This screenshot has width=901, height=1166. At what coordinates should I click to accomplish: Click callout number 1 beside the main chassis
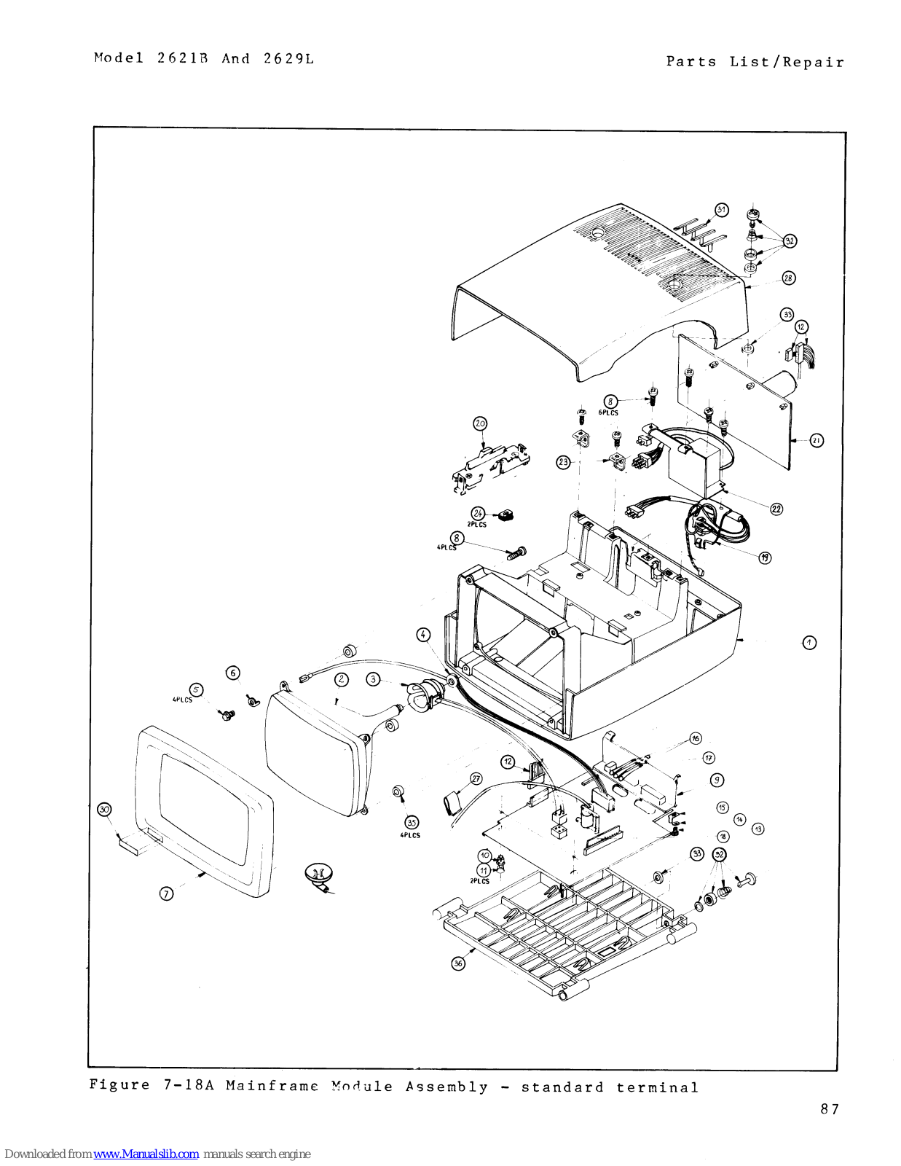pyautogui.click(x=809, y=643)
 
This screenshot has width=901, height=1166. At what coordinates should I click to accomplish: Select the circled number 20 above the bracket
pyautogui.click(x=480, y=423)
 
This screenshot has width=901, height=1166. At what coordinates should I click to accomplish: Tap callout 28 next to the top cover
pyautogui.click(x=789, y=278)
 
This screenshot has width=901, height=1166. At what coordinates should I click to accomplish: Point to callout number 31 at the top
pyautogui.click(x=721, y=210)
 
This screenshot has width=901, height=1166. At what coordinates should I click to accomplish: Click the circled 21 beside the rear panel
pyautogui.click(x=817, y=440)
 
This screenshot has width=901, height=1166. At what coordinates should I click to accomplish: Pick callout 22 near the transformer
pyautogui.click(x=776, y=509)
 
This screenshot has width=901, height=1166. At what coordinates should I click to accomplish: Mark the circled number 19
pyautogui.click(x=765, y=557)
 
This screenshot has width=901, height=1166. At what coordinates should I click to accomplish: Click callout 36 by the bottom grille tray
pyautogui.click(x=458, y=963)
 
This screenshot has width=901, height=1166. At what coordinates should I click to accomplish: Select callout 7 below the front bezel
pyautogui.click(x=167, y=893)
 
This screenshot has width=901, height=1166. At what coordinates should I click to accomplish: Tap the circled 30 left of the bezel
pyautogui.click(x=105, y=810)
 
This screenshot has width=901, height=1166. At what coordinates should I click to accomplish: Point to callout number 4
pyautogui.click(x=423, y=635)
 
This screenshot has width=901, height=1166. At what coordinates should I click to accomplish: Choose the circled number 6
pyautogui.click(x=233, y=673)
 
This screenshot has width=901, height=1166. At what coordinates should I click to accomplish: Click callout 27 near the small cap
pyautogui.click(x=476, y=778)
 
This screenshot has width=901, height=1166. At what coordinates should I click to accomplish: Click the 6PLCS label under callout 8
pyautogui.click(x=608, y=412)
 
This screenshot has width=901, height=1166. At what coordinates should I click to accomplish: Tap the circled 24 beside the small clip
pyautogui.click(x=478, y=513)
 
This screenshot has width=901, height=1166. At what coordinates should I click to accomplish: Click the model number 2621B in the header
pyautogui.click(x=182, y=58)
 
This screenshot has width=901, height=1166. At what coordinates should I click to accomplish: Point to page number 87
pyautogui.click(x=830, y=1109)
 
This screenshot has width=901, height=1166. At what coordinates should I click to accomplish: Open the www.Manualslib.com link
pyautogui.click(x=146, y=1154)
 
